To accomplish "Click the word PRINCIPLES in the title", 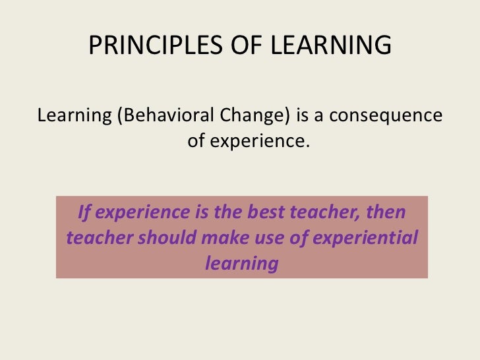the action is coord(156,45).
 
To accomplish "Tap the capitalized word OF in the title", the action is coord(247,45).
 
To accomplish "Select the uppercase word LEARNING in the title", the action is coord(331,45).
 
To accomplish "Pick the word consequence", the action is coord(386,116).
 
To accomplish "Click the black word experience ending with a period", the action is coord(260,142).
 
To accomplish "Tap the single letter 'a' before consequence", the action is coord(318,117).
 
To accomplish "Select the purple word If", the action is coord(84,212).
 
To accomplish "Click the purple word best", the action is coord(266,212).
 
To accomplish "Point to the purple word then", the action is coord(386,212).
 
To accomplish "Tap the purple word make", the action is coord(225,237).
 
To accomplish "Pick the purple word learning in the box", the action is coord(242,264).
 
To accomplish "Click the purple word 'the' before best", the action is coord(227,212).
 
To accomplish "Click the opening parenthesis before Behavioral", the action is coord(120,116).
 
